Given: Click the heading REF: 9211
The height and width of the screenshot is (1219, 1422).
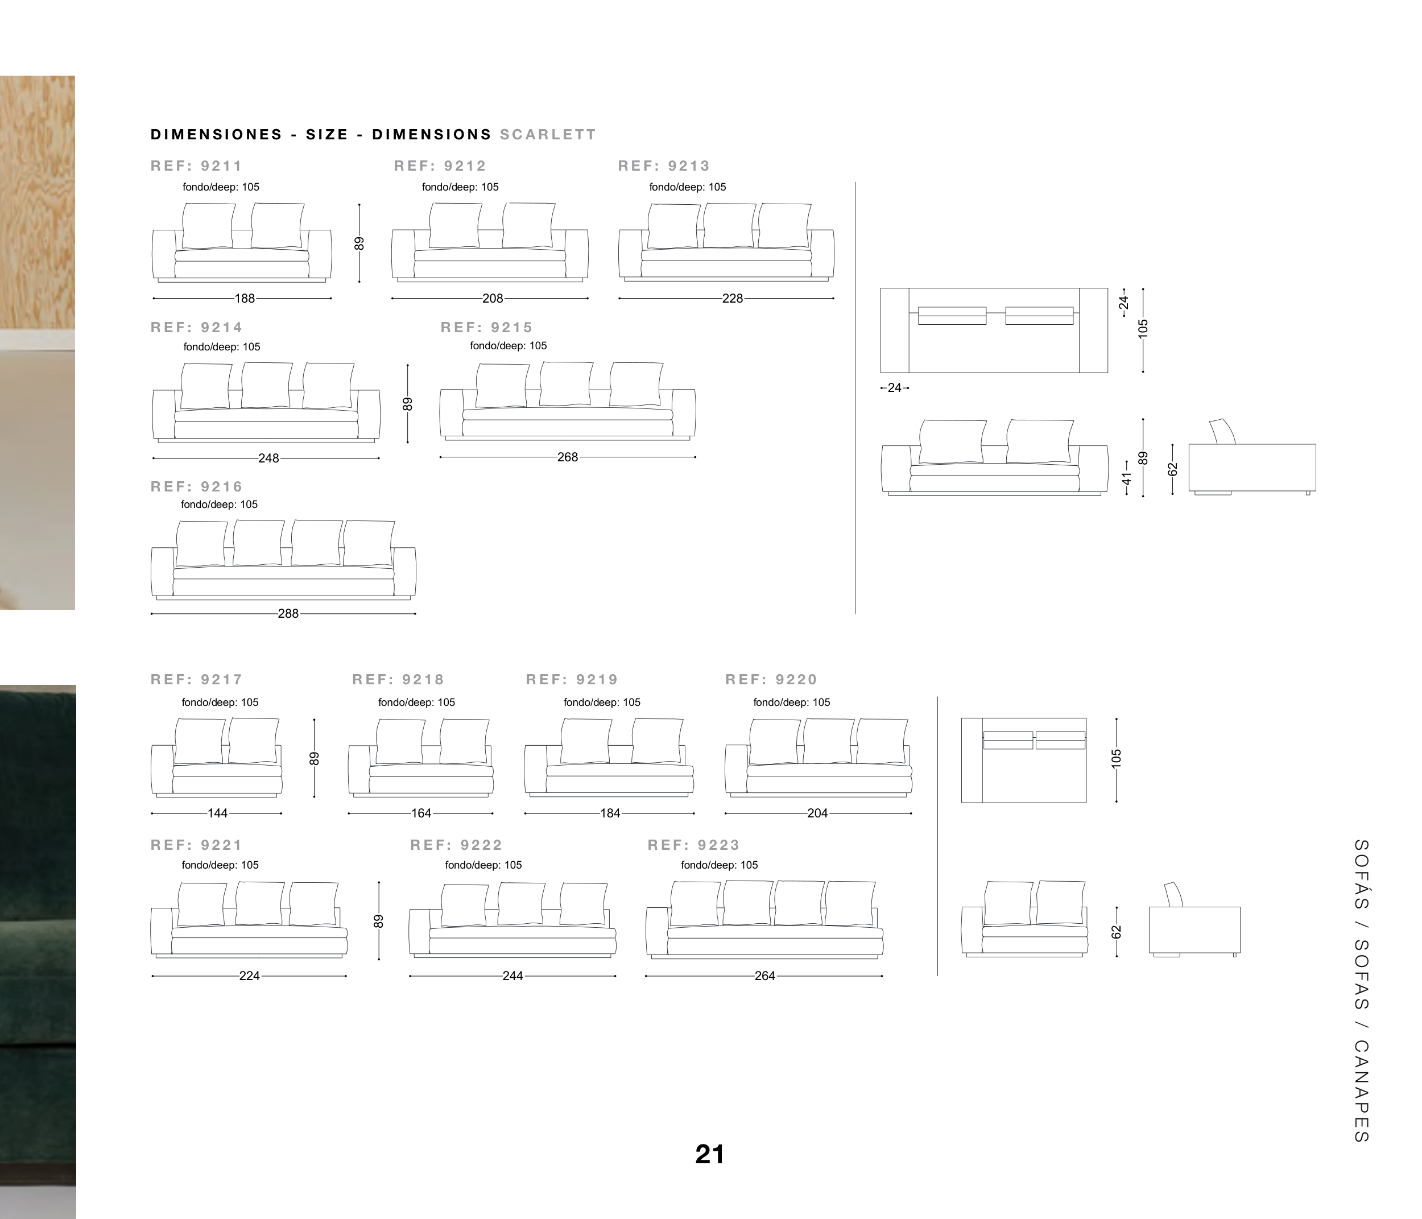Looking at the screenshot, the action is click(196, 166).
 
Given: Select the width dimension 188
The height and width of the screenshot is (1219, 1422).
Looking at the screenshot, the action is click(245, 299).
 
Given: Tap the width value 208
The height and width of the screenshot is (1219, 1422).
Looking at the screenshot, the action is click(493, 299).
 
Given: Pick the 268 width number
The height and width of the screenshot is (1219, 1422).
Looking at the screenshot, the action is click(568, 457).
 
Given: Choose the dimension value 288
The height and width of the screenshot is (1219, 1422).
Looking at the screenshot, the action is click(288, 614).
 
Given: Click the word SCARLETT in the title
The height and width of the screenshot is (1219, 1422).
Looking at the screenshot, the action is click(548, 135).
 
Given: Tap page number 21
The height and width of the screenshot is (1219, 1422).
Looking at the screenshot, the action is click(710, 1155).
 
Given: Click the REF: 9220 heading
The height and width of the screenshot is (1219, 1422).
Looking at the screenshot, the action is click(771, 680).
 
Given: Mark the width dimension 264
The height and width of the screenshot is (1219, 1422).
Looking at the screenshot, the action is click(764, 976).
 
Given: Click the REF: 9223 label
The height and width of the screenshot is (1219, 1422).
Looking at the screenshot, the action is click(694, 845).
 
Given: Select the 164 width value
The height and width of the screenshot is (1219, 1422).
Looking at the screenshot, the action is click(421, 813).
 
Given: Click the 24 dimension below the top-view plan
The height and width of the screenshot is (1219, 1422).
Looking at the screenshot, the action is click(894, 388).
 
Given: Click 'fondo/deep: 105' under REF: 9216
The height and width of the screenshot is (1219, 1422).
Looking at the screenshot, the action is click(220, 505).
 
